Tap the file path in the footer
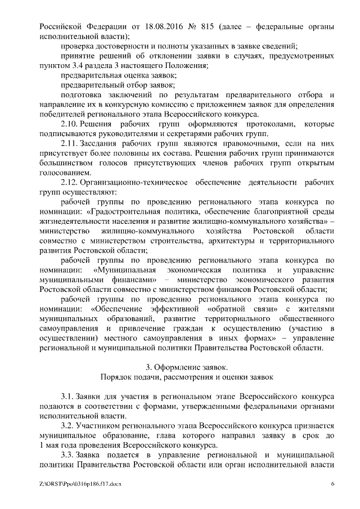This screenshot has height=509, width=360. point(80,483)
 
